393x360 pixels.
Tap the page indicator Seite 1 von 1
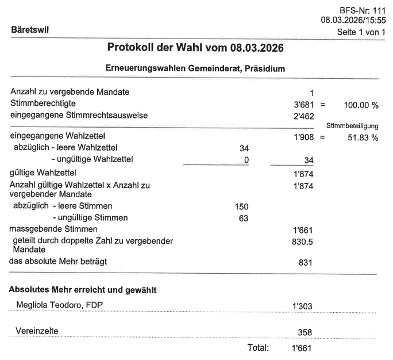361,32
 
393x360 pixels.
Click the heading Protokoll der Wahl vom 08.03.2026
196,47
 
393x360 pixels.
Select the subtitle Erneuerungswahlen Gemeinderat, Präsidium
196,68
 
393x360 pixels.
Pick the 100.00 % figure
361,105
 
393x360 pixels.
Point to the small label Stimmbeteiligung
352,126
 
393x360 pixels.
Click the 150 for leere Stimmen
242,206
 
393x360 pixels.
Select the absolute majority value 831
308,263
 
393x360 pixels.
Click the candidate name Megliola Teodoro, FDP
57,303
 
